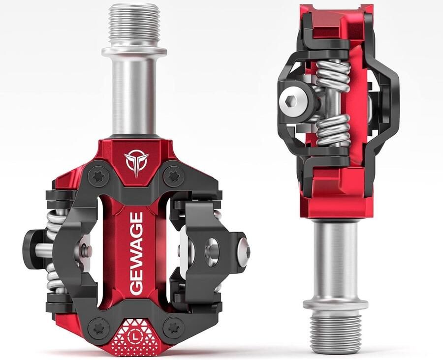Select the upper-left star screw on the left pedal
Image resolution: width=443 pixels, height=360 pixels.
coord(98,176)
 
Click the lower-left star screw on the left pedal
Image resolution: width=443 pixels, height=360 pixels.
coord(98,328)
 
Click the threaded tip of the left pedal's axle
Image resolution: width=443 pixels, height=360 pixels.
coord(134,26)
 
